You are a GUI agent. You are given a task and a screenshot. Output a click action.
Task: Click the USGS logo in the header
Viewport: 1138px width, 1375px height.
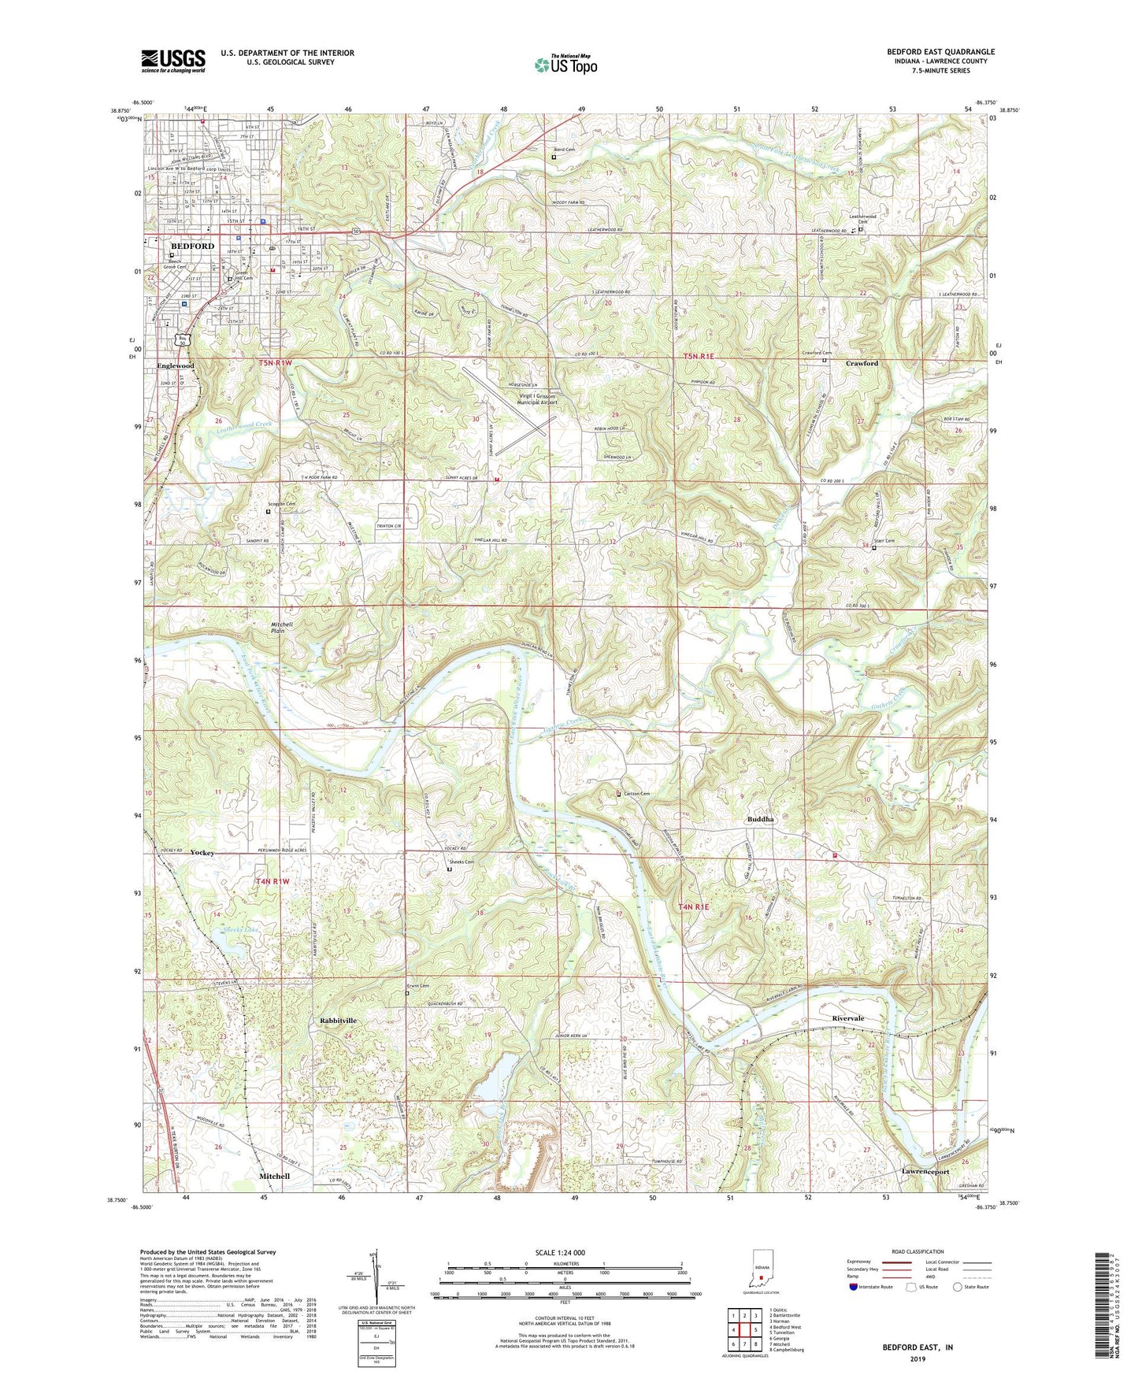[x=173, y=60]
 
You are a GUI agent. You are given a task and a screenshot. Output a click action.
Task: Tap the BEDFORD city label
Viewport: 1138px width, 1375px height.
[x=192, y=246]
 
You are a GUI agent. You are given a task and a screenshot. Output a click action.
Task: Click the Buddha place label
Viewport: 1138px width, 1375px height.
[x=760, y=819]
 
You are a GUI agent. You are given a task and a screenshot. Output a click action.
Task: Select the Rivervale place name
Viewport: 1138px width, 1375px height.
[x=848, y=1018]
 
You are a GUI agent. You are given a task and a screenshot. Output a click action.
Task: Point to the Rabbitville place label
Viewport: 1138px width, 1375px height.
[x=339, y=1021]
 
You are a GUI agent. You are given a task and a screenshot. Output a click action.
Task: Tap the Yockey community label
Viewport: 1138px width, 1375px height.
[x=202, y=853]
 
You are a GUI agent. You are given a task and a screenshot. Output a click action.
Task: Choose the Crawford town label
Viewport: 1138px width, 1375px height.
[x=862, y=363]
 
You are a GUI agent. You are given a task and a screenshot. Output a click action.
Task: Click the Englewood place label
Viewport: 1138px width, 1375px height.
[x=176, y=366]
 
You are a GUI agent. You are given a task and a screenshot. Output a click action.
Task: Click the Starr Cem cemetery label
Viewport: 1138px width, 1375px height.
[x=884, y=541]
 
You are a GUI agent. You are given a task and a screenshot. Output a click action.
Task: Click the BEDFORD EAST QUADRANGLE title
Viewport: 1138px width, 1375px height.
[x=940, y=52]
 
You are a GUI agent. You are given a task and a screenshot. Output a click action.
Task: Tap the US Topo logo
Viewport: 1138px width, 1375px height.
[x=565, y=64]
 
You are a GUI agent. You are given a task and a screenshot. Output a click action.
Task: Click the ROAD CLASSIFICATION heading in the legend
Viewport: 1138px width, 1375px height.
[x=917, y=1251]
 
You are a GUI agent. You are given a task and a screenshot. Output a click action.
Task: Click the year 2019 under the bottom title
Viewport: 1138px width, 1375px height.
[x=917, y=1358]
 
